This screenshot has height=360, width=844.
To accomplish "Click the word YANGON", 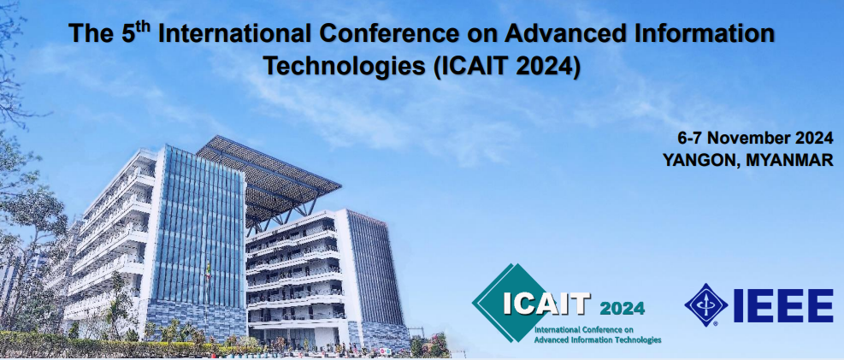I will tap(699, 159).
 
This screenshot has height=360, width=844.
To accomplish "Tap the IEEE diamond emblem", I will tap(705, 305).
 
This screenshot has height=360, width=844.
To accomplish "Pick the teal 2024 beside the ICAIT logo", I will tap(622, 308).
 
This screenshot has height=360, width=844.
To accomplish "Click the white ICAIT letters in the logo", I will tap(546, 304).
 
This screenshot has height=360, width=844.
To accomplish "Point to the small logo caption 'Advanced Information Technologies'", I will tap(597, 339).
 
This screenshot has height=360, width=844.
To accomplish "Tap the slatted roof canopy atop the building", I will tap(265, 175).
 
